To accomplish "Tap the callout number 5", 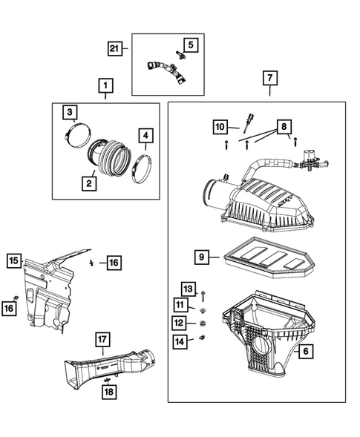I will pos(190,45).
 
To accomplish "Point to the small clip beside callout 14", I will pos(202,339).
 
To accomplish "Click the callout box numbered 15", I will pos(14,260).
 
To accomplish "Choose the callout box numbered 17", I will pos(102,341).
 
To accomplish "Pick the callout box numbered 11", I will pos(180,306).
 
